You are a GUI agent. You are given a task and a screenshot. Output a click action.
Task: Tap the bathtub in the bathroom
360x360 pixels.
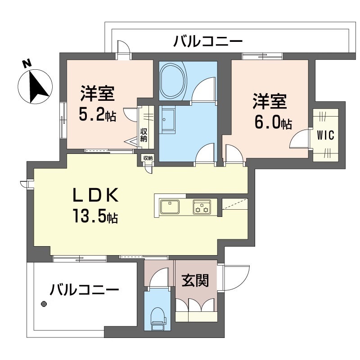coord(173,81)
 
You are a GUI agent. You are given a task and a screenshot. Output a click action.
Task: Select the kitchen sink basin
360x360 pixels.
coord(171,207)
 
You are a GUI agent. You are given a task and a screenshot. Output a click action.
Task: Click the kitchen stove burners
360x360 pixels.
coord(201,207)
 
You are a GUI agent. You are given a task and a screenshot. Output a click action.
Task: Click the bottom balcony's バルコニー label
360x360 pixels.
coord(84,288)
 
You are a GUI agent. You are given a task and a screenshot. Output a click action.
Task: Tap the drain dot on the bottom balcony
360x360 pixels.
coord(44,304)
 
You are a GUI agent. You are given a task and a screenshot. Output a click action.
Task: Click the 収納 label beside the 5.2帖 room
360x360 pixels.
coord(144,135)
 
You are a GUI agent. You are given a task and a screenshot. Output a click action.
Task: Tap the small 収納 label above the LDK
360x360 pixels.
coord(148,158)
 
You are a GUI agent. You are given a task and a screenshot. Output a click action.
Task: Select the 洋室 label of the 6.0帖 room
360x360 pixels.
coord(270,102)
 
